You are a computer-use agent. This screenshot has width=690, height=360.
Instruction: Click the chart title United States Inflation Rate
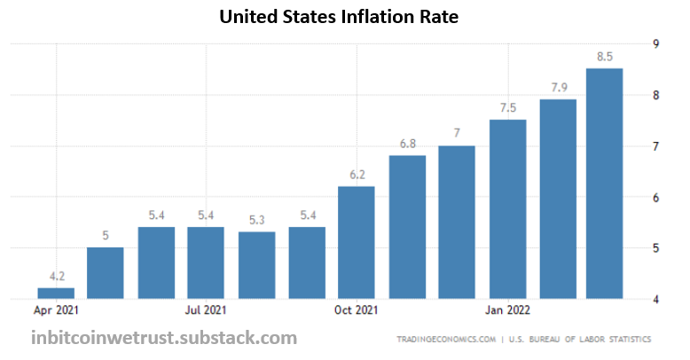point(344,16)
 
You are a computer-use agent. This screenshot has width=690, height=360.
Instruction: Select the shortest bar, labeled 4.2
point(55,293)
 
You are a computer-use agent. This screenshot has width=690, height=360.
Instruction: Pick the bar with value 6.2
point(357,242)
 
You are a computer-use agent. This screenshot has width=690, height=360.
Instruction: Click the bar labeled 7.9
point(558,199)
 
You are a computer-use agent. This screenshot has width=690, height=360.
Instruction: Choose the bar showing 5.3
point(256,265)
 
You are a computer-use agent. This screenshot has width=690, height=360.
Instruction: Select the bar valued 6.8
point(407,227)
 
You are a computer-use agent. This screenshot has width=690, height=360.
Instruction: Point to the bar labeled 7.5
point(507,209)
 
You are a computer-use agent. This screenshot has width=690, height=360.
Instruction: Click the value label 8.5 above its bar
point(605,58)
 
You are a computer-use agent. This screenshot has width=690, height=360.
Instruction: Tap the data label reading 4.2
point(55,277)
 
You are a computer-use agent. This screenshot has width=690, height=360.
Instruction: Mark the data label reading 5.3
point(256,221)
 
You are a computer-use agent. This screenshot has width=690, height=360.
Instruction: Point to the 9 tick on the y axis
point(655,43)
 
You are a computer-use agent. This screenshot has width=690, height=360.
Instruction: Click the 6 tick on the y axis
point(655,198)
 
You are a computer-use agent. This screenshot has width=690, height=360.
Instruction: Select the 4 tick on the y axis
point(655,300)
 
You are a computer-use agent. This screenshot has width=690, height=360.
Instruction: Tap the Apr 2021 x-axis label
point(55,310)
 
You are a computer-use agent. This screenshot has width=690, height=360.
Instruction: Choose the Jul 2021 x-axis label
point(206,310)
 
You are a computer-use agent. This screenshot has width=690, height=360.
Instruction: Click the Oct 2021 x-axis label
point(357,310)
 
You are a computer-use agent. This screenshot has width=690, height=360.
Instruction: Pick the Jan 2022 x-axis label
point(507,310)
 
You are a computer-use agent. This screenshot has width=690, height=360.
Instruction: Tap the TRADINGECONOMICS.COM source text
point(443,340)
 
